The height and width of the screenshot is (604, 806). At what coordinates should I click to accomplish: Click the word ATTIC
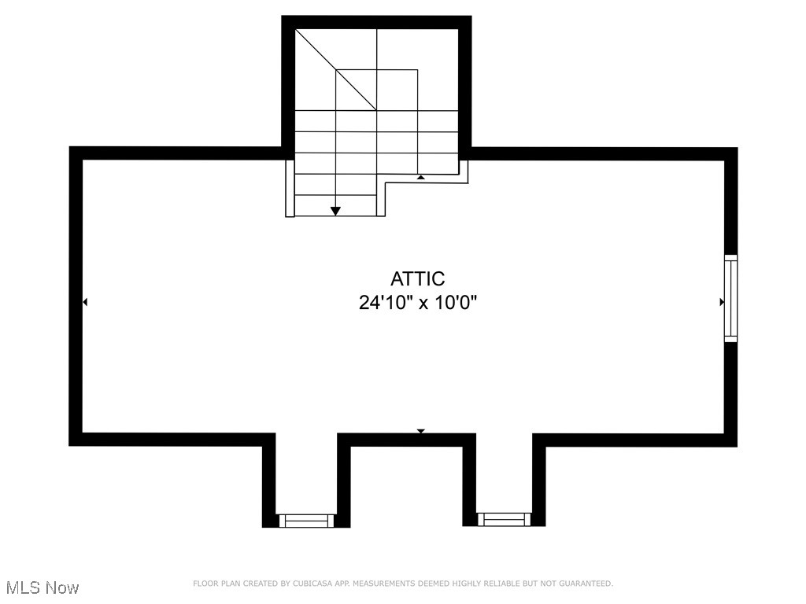pyautogui.click(x=417, y=279)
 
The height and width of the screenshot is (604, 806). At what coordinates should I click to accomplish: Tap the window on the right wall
pyautogui.click(x=731, y=298)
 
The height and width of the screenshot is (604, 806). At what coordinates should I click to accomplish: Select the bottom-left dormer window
pyautogui.click(x=306, y=520)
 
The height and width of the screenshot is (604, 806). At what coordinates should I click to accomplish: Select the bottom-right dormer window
pyautogui.click(x=505, y=519)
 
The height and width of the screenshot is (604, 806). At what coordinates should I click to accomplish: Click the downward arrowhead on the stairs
pyautogui.click(x=336, y=211)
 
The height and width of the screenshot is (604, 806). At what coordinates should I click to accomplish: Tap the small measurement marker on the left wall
pyautogui.click(x=85, y=302)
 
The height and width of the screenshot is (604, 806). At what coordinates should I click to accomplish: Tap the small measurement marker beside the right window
pyautogui.click(x=722, y=302)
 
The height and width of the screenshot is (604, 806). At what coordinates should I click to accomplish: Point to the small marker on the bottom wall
pyautogui.click(x=421, y=431)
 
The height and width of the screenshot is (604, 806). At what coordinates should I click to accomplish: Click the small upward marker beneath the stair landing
pyautogui.click(x=421, y=178)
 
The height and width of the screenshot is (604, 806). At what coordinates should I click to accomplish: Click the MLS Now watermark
pyautogui.click(x=43, y=587)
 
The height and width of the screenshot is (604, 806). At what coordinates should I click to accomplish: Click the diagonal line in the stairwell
pyautogui.click(x=336, y=69)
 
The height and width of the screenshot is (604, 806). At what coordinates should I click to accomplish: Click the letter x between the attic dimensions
pyautogui.click(x=423, y=304)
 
